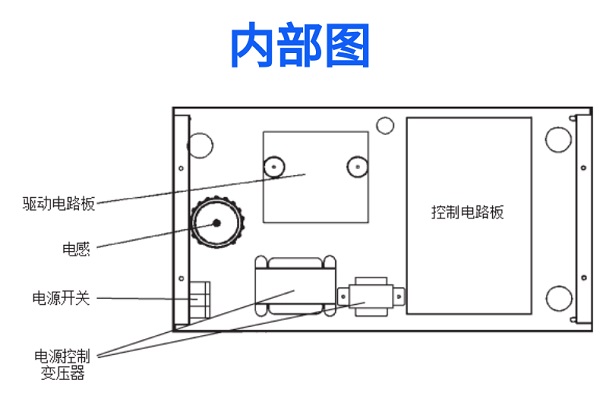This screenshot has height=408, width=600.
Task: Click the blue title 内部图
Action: [300, 45]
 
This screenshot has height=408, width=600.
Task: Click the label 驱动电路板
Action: [59, 204]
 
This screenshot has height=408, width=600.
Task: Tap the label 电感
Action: [76, 249]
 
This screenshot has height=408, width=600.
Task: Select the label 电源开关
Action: [61, 298]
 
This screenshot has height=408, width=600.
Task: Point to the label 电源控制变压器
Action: [62, 364]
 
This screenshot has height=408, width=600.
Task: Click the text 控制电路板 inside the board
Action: [468, 212]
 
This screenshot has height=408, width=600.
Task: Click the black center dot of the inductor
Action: [217, 223]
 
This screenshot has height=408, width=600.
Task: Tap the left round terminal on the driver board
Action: [274, 167]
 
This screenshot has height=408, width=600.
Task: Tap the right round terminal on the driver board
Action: [357, 167]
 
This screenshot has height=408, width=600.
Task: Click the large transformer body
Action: [295, 286]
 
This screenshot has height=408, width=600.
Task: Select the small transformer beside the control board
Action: [371, 297]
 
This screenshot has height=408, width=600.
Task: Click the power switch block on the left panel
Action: [200, 300]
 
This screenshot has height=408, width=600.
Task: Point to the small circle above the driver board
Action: [385, 126]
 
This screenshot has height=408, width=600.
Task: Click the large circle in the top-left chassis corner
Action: [200, 145]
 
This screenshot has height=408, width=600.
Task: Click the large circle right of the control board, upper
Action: [558, 139]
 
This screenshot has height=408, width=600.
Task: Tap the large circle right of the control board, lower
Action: [559, 299]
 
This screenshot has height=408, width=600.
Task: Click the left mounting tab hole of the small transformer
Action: [343, 297]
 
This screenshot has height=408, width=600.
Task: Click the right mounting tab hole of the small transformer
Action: [399, 297]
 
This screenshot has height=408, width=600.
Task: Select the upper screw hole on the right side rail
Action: [584, 168]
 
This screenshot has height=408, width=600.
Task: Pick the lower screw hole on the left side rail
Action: [181, 278]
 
